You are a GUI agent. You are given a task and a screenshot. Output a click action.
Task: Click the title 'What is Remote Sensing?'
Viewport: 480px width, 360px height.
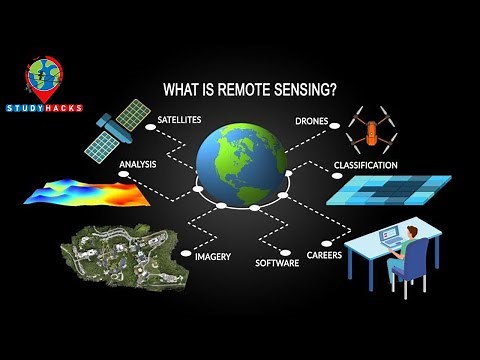pyautogui.click(x=249, y=89)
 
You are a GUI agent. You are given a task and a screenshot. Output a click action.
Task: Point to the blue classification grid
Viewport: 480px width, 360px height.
pyautogui.click(x=388, y=189)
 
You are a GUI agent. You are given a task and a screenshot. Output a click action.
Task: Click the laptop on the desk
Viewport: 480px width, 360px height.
pyautogui.click(x=387, y=237)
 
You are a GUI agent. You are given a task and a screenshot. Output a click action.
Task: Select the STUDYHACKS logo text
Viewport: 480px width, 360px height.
pyautogui.click(x=44, y=107)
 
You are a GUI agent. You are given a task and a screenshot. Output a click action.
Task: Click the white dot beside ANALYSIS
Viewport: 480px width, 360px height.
pyautogui.click(x=124, y=175)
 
